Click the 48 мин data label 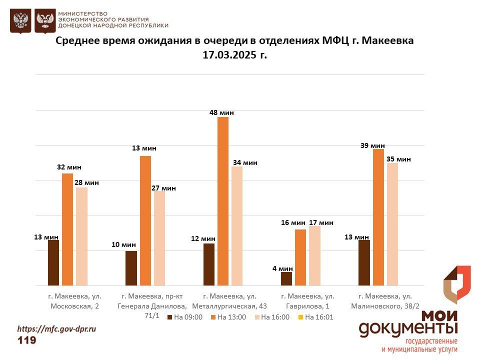(221, 113)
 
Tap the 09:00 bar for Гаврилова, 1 (286, 278)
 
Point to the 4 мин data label (282, 268)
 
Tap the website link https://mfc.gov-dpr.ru (56, 329)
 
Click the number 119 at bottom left (27, 340)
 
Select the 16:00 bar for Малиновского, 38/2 (392, 224)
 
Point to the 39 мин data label (372, 145)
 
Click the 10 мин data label (123, 244)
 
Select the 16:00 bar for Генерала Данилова (159, 238)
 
